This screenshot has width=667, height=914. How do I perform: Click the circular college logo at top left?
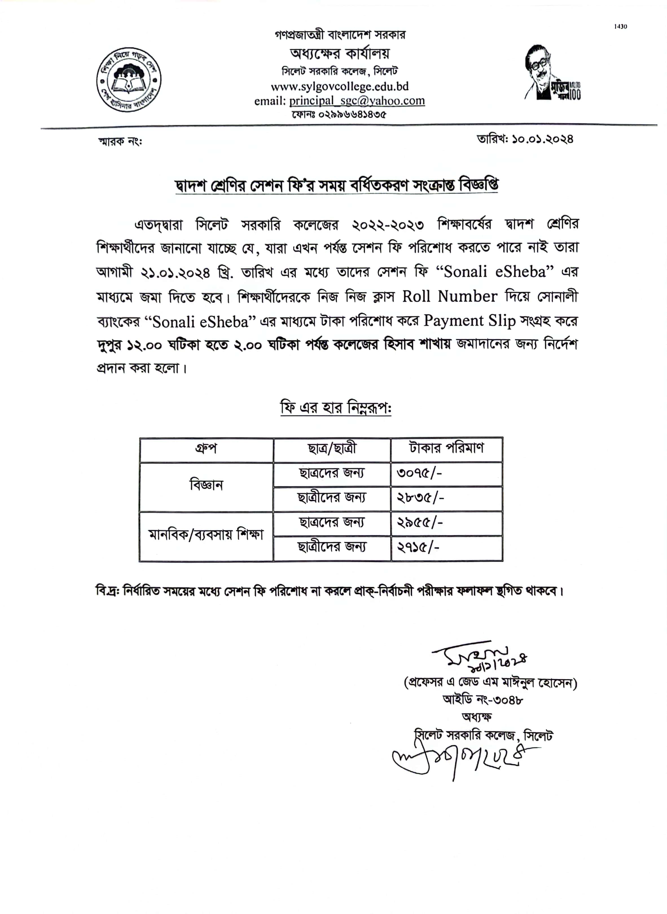tap(128, 80)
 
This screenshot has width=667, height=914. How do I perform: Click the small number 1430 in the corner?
tap(620, 27)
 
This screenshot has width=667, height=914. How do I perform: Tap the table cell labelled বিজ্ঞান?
tap(206, 485)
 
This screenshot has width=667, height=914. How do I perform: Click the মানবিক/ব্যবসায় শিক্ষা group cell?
tap(206, 535)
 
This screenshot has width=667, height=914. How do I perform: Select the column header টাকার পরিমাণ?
tap(446, 448)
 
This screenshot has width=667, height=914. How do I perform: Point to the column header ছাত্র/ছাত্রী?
tap(332, 449)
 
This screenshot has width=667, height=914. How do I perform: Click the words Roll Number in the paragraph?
tap(449, 297)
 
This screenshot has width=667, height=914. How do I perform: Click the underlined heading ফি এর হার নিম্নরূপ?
tap(335, 408)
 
